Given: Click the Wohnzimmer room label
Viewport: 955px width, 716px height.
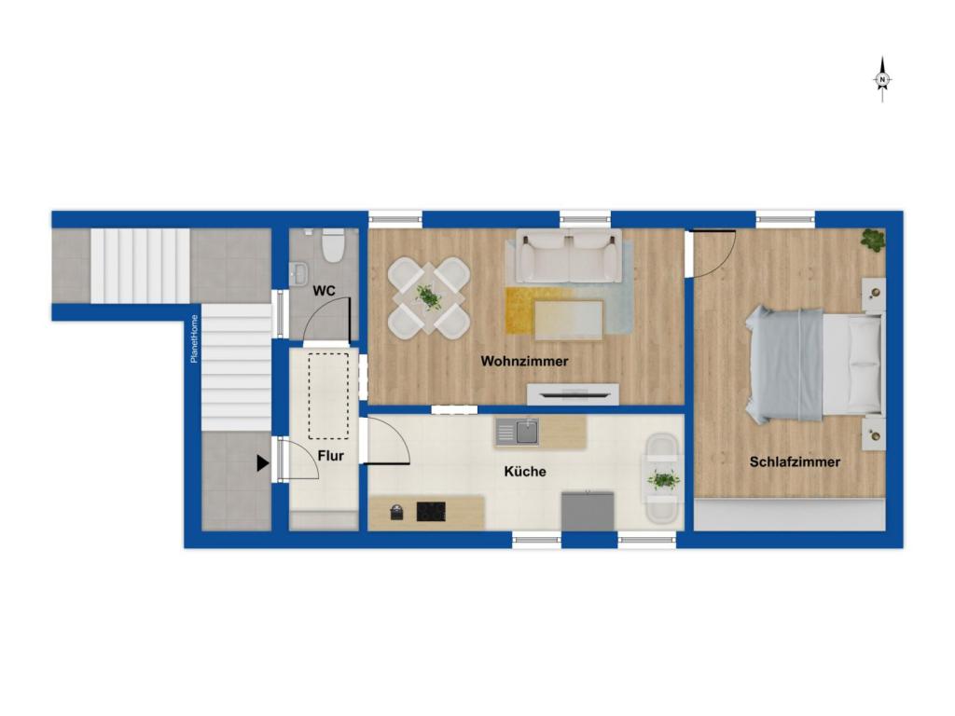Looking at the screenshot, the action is tap(524, 361).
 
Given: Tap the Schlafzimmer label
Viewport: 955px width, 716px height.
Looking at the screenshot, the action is tap(795, 462).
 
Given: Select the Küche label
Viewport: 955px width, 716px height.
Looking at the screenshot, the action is tap(525, 471).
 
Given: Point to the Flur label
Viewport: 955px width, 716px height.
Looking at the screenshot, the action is tap(331, 455).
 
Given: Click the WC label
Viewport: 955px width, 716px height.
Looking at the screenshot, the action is tap(324, 291).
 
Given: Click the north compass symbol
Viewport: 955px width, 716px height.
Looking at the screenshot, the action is tap(882, 80).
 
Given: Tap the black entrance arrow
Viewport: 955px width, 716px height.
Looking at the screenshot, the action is tap(262, 464).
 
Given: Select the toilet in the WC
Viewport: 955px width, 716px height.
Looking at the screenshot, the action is tap(333, 245).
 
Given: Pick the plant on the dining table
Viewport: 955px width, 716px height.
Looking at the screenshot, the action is tap(429, 297).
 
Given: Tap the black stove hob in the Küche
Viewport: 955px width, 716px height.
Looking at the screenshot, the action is tap(431, 512).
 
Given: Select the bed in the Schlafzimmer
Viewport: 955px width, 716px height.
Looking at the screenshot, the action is tap(814, 365).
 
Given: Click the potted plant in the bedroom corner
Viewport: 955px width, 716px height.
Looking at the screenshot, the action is tap(873, 240).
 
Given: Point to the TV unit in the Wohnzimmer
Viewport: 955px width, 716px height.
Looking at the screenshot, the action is tap(574, 394).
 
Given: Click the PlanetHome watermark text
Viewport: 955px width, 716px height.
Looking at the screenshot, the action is tap(194, 338).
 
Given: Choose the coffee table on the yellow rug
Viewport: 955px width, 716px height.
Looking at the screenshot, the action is tap(570, 321).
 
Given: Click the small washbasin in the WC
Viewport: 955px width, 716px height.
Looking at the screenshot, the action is tap(298, 273).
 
